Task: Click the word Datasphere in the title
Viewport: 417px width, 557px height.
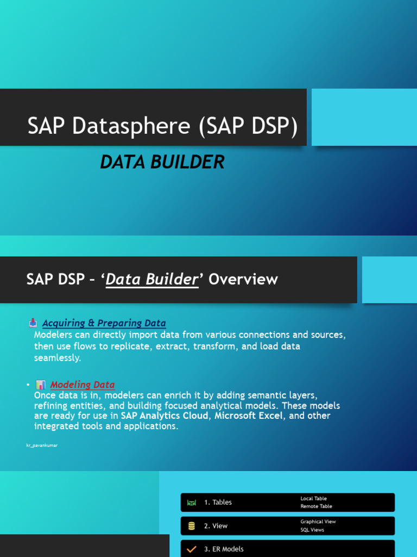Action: coord(131,126)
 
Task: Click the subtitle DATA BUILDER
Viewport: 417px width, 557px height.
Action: coord(162,162)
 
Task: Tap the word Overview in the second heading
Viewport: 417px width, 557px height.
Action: coord(243,280)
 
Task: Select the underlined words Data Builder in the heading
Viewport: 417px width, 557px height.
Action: coord(151,280)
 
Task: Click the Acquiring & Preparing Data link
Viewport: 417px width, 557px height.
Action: coord(104,323)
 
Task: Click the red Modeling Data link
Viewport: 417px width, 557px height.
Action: coord(83,385)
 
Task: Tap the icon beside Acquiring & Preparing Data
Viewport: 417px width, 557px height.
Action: coord(33,323)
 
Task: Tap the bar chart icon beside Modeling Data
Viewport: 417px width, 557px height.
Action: coord(41,385)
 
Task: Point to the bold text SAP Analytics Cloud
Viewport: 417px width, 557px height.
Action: coord(165,416)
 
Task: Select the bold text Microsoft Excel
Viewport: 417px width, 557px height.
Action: coord(249,416)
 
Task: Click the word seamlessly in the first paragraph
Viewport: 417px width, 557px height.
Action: coord(58,358)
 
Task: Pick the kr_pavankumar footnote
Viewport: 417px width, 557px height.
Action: coord(42,445)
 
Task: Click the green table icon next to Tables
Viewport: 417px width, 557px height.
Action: coord(191,503)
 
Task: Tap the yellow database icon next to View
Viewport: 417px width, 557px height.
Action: coord(191,526)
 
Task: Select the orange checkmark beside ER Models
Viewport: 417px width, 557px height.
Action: coord(191,549)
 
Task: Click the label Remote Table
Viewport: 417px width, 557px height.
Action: coord(316,506)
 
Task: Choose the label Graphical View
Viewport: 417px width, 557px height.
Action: coord(318,522)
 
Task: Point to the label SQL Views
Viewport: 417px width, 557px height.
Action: coord(312,530)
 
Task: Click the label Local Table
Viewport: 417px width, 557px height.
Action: coord(313,498)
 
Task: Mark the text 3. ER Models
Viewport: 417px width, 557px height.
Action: coord(224,549)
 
